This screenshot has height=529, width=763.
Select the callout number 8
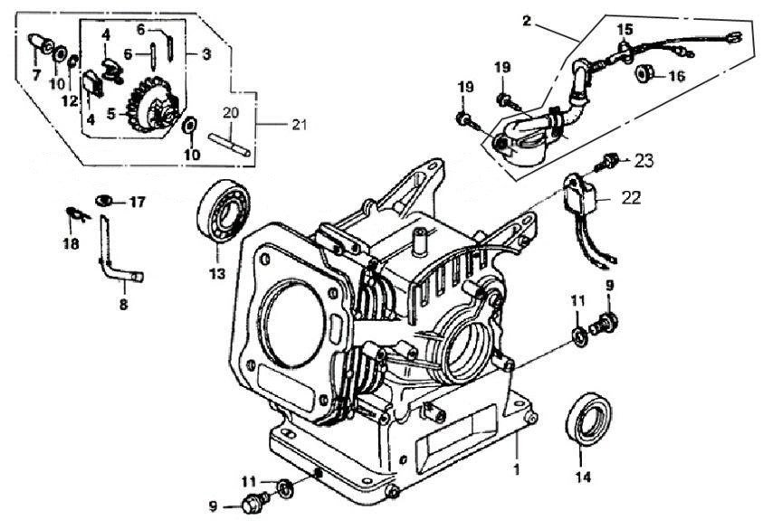click(x=124, y=305)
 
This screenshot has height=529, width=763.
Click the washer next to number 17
click(x=105, y=200)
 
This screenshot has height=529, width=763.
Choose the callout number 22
click(x=630, y=197)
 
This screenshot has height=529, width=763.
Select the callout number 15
click(x=624, y=30)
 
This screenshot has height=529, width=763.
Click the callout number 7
click(x=36, y=75)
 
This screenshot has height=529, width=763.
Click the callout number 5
click(x=111, y=114)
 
